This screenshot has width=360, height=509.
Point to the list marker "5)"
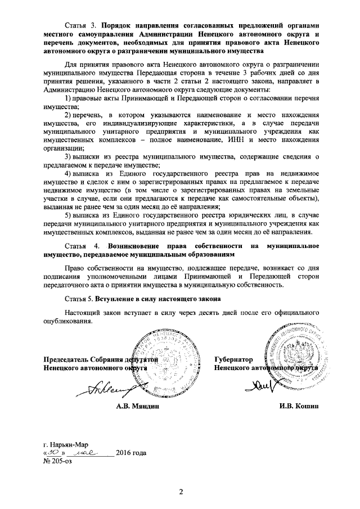pos(67,215)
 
